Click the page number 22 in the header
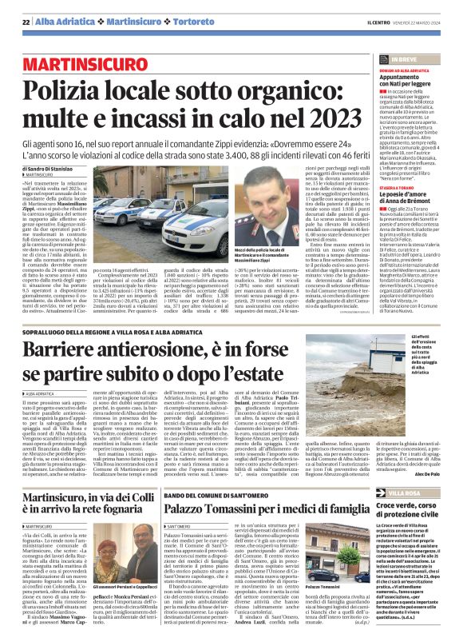(26, 22)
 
